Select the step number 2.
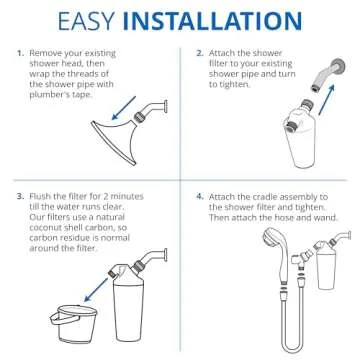coord(200,51)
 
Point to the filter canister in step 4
coord(327,277)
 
